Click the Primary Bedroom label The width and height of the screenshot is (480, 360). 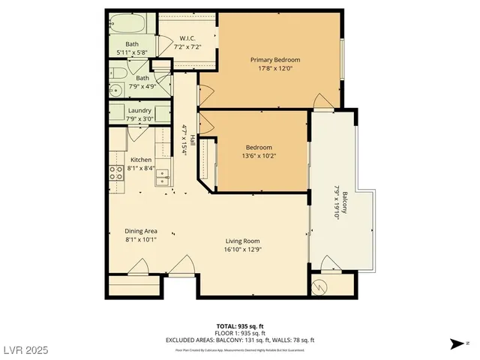pyautogui.click(x=275, y=60)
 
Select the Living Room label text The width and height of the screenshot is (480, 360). pyautogui.click(x=243, y=241)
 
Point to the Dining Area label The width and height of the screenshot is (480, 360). pyautogui.click(x=140, y=231)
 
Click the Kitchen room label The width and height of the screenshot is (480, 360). pyautogui.click(x=141, y=160)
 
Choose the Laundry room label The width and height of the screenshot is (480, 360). pyautogui.click(x=139, y=110)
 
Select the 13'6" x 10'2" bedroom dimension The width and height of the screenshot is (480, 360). pyautogui.click(x=259, y=156)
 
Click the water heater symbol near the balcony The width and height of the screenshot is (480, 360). pyautogui.click(x=319, y=285)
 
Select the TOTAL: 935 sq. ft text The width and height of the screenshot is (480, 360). pyautogui.click(x=239, y=326)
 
